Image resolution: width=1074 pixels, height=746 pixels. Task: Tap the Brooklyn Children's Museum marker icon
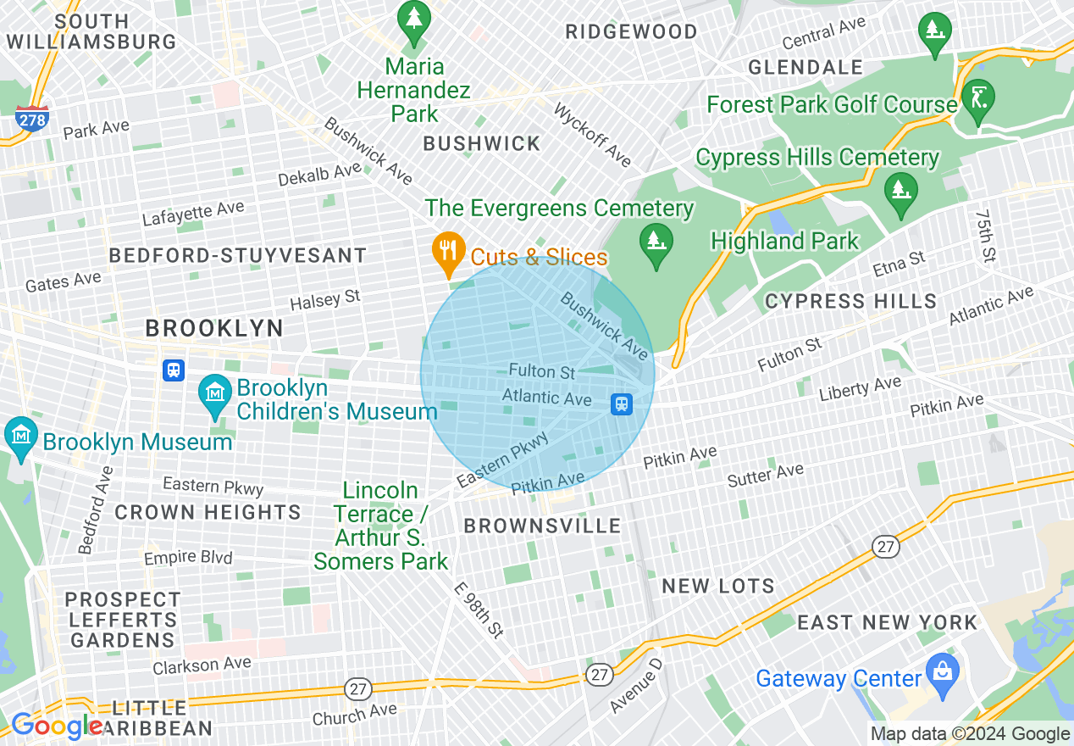click(215, 394)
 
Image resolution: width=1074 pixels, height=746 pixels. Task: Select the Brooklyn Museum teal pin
click(20, 435)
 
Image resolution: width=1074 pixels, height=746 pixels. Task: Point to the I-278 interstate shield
click(31, 120)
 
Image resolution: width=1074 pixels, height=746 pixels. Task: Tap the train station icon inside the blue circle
click(622, 404)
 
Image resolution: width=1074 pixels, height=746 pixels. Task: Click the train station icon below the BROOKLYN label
click(174, 370)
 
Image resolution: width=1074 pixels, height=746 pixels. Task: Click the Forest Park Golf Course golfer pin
click(978, 97)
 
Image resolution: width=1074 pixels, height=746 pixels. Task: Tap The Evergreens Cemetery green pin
click(656, 242)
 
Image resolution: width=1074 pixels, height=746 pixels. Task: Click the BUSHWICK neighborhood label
click(481, 143)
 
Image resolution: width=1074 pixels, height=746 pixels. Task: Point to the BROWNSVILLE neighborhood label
click(542, 526)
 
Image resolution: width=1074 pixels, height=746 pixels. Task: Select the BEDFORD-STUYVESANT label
click(238, 255)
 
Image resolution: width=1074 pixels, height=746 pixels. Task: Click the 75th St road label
click(985, 237)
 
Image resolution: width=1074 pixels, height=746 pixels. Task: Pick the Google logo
click(56, 726)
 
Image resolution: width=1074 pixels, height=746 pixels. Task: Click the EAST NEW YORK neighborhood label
click(887, 622)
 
